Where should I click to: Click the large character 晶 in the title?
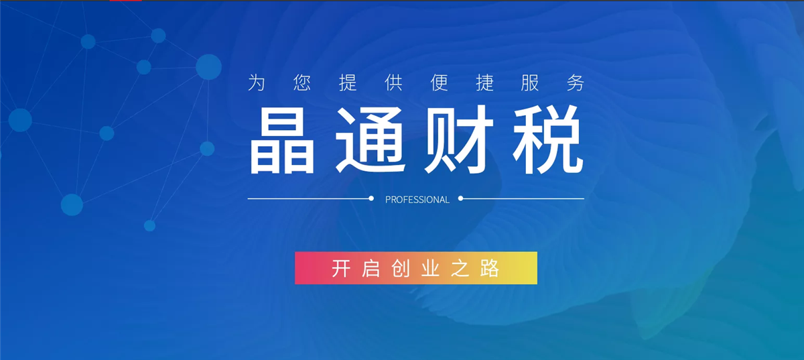click(282, 140)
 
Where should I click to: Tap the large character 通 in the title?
click(371, 139)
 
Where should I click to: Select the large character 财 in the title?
click(459, 139)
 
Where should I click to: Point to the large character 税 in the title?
click(548, 139)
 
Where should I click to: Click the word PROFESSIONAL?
click(417, 200)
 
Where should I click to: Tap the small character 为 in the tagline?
click(256, 82)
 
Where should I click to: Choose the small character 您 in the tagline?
click(302, 82)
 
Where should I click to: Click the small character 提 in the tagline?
click(348, 82)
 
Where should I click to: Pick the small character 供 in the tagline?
click(393, 82)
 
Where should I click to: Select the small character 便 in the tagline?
click(439, 82)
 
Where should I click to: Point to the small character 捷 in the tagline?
click(484, 82)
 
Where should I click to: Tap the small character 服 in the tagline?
click(530, 82)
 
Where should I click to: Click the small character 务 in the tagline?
click(576, 82)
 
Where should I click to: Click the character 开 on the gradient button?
click(340, 268)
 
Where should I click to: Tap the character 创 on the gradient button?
click(401, 268)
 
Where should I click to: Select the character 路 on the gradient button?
click(490, 268)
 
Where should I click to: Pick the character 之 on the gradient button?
click(460, 268)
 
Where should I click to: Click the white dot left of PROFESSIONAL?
click(371, 198)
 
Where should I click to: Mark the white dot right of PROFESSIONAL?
click(460, 198)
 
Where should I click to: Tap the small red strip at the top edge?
click(126, 1)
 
